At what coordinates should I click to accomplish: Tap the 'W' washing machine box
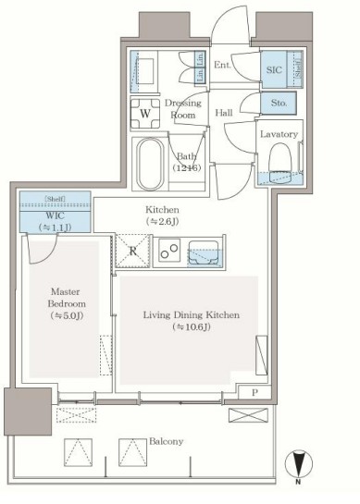(146, 116)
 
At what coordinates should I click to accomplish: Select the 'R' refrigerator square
(131, 251)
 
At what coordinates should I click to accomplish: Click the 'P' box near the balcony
(254, 392)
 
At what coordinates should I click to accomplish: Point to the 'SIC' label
(272, 68)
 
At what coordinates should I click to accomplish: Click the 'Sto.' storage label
(279, 104)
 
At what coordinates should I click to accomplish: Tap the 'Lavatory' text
(278, 135)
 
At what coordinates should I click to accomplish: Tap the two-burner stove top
(168, 251)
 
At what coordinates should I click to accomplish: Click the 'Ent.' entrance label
(223, 65)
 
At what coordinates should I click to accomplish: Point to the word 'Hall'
(224, 113)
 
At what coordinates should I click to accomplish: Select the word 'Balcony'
(165, 442)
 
